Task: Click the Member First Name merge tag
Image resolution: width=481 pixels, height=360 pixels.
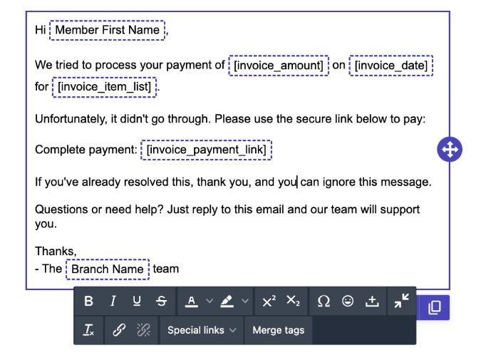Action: click(107, 30)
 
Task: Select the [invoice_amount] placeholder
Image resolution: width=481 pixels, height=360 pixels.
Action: click(279, 66)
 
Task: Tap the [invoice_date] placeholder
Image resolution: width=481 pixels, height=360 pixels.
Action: click(391, 66)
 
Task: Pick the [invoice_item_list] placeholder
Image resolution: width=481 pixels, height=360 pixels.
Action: click(104, 87)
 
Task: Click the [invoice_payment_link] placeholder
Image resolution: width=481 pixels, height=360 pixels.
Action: click(206, 150)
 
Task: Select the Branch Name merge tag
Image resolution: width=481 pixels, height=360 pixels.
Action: click(108, 269)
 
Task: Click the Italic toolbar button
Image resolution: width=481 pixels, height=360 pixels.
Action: click(113, 301)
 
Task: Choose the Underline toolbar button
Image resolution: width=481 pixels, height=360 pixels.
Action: click(137, 301)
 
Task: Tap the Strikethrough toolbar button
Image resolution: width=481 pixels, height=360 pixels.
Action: click(161, 301)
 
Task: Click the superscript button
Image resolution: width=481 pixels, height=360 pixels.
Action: click(269, 301)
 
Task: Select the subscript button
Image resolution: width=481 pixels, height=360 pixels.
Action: click(293, 301)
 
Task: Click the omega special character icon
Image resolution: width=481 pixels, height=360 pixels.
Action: click(324, 301)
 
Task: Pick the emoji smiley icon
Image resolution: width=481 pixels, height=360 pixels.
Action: click(348, 301)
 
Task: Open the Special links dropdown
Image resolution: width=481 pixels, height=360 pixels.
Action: click(202, 330)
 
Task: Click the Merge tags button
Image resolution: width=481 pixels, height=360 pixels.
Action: click(278, 330)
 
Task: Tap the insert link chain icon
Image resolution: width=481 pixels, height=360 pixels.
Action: click(119, 330)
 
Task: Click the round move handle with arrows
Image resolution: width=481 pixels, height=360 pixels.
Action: click(450, 150)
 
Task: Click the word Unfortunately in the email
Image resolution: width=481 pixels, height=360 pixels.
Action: click(71, 119)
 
